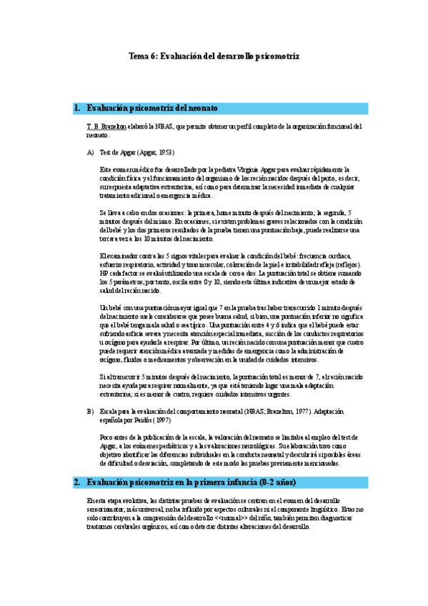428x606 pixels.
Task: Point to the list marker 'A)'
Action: tap(90, 152)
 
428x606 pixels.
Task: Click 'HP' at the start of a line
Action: tap(104, 273)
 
